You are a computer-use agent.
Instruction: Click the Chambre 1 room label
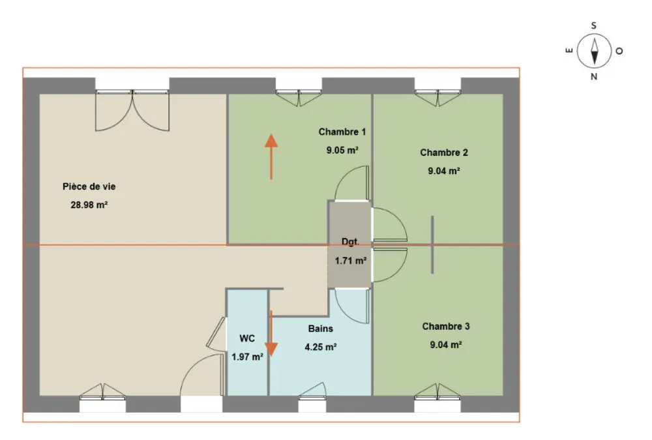(342, 132)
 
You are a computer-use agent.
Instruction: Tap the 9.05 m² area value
(342, 150)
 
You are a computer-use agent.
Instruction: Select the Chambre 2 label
(443, 153)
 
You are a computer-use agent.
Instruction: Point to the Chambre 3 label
(446, 327)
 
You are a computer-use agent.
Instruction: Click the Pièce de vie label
(89, 186)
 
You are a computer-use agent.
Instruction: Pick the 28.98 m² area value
(89, 205)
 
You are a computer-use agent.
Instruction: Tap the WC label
(247, 338)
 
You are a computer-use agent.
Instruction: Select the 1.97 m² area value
(247, 357)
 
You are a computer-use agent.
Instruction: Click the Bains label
(321, 329)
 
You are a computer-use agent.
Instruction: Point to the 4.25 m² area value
(321, 347)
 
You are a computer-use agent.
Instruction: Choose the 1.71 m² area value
(351, 261)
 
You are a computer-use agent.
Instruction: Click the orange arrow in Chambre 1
(271, 157)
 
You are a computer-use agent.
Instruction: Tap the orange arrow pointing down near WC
(271, 334)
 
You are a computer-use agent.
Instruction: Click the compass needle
(594, 51)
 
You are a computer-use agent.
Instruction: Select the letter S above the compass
(594, 26)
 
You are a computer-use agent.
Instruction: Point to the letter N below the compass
(594, 76)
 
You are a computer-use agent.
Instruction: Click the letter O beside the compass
(619, 51)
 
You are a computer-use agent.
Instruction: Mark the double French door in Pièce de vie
(132, 110)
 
